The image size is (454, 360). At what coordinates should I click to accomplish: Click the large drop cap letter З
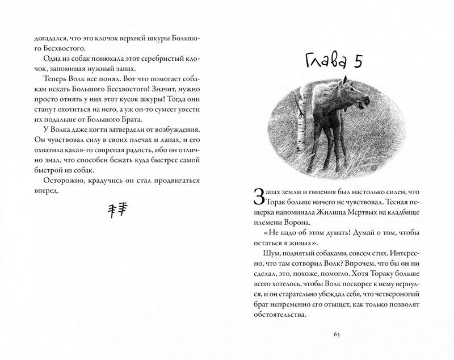click(x=258, y=196)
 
